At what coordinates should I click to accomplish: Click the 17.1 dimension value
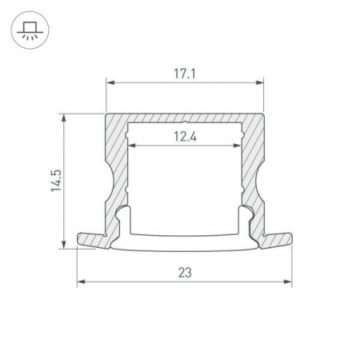coord(185,74)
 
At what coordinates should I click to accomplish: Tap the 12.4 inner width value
coord(185,137)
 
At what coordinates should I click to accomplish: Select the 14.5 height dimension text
coord(56,181)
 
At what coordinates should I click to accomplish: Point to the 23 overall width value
coord(185,273)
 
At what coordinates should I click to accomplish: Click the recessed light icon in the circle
coord(30,30)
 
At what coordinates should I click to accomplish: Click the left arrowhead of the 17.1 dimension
coord(110,82)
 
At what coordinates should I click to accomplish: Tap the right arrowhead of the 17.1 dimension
coord(259,82)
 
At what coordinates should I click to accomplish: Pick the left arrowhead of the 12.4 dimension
coord(132,146)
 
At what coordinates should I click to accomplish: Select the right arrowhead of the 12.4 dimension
coord(238,146)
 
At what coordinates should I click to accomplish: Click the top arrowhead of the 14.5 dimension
coord(64,118)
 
